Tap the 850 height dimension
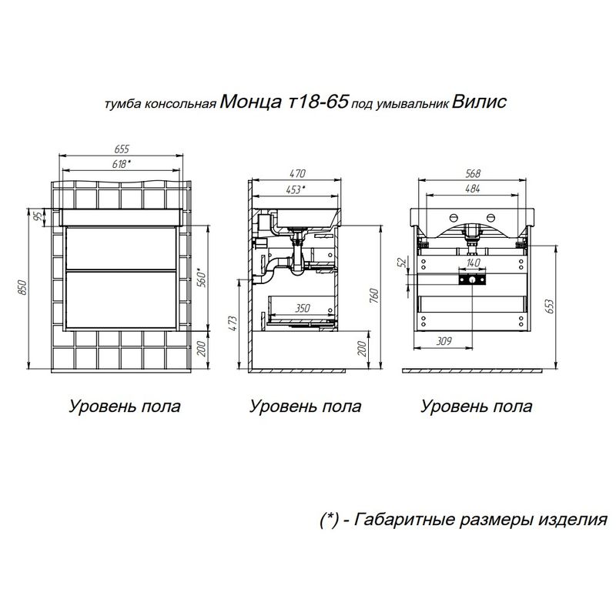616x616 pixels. (x=22, y=286)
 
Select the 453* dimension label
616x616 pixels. (x=294, y=188)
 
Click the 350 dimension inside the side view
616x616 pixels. (x=302, y=308)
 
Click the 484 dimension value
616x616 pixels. (x=473, y=188)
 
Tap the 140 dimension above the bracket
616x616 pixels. (x=473, y=263)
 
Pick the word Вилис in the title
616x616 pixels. (x=480, y=102)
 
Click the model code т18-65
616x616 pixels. (x=316, y=102)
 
